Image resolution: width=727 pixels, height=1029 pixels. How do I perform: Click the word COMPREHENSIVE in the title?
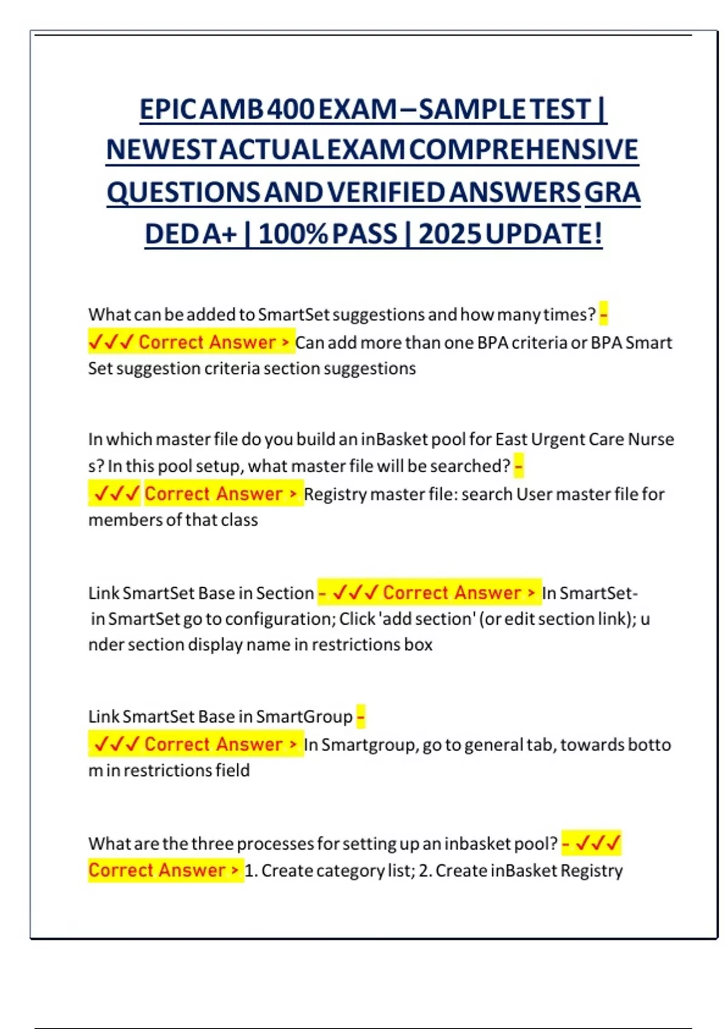[523, 150]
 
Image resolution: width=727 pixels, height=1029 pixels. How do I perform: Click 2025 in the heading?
[450, 234]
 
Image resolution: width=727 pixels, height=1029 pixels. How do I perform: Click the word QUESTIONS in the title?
[184, 192]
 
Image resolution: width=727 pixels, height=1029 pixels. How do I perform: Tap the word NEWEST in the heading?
[161, 150]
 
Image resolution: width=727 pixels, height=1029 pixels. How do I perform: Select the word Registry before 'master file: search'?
[335, 495]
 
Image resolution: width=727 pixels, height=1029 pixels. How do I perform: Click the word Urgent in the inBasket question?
[559, 439]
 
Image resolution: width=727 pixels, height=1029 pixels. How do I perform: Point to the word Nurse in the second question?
[651, 439]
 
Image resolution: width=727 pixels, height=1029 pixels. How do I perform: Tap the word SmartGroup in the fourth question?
[304, 717]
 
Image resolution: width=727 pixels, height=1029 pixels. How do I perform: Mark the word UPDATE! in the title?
[543, 234]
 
